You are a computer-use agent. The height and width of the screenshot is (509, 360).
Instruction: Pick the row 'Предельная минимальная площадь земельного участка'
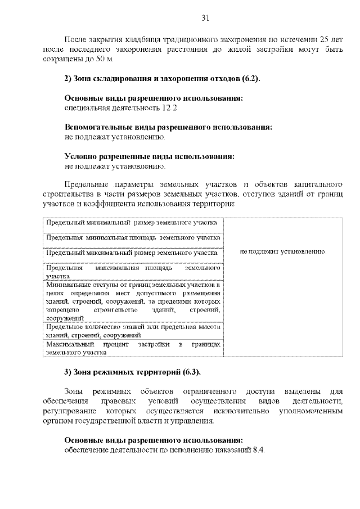[133, 238]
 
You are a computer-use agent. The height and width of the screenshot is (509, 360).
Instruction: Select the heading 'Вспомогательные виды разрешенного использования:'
[168, 127]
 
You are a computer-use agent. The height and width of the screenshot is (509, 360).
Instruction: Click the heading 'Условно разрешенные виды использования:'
[149, 156]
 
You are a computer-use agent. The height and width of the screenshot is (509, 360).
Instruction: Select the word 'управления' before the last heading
[193, 421]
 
